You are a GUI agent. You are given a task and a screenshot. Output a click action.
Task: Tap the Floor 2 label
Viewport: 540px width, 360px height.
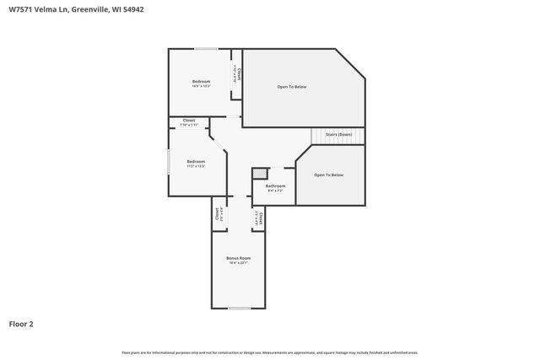tap(21, 323)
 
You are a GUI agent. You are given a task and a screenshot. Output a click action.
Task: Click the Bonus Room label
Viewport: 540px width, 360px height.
tap(239, 257)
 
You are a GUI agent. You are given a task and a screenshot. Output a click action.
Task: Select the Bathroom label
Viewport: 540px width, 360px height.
tap(275, 185)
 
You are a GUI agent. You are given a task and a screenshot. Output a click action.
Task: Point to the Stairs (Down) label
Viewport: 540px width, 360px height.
tap(338, 134)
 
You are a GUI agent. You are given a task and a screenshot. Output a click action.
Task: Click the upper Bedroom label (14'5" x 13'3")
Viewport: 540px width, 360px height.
tap(201, 81)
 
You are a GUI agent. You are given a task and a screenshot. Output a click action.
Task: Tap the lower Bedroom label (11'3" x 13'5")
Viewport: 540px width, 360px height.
tap(196, 161)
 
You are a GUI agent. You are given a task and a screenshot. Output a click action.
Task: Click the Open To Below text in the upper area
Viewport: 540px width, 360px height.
tap(292, 87)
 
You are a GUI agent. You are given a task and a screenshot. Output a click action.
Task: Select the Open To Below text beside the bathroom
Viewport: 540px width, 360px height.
tap(328, 175)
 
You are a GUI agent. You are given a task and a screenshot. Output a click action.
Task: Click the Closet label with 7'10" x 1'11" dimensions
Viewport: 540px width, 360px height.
tap(188, 121)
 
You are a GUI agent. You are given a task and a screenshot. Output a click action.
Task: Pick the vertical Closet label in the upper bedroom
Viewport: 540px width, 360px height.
tap(240, 74)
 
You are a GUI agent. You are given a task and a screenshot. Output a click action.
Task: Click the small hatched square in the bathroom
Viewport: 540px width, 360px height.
tap(259, 174)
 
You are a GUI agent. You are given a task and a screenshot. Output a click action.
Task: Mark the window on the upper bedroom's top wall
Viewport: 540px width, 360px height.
tap(207, 49)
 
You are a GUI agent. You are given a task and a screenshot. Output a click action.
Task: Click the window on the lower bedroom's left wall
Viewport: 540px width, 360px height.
tap(168, 161)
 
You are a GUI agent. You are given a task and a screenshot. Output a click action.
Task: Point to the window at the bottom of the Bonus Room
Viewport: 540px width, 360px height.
tap(239, 308)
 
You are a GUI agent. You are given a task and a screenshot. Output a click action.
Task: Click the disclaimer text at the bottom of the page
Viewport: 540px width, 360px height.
tap(269, 352)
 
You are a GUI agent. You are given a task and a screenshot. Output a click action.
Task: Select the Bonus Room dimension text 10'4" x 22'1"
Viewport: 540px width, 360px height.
tap(239, 263)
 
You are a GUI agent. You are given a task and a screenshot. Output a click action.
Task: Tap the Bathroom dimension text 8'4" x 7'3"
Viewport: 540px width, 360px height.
tap(275, 191)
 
